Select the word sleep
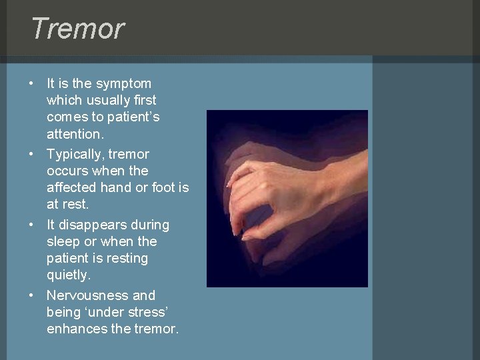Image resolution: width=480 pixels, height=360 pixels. [x=63, y=242]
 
